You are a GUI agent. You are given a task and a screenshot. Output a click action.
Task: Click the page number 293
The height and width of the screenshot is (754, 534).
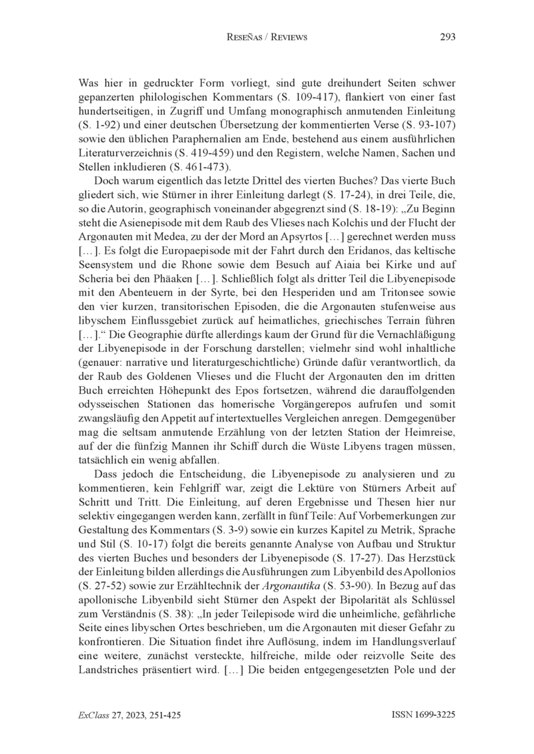pyautogui.click(x=448, y=37)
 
